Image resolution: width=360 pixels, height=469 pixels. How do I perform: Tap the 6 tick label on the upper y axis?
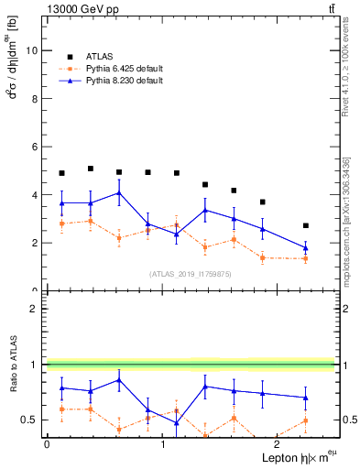coord(35,147)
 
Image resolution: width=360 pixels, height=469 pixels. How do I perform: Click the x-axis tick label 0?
coord(46,444)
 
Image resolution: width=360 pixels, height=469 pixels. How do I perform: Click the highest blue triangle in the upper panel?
coord(119,192)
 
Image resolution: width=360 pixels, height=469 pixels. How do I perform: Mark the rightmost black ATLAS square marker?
coord(306,225)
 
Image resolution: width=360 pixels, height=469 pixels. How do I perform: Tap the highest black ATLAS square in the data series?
coord(91,169)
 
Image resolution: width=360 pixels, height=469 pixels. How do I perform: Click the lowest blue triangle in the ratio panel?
coord(177,422)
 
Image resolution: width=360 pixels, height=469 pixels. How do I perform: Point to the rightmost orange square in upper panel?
coord(306,258)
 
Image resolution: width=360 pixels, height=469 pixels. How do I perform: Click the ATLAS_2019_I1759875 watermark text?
coord(189,273)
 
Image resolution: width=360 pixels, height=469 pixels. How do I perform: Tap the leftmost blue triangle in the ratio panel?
coord(61,387)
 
